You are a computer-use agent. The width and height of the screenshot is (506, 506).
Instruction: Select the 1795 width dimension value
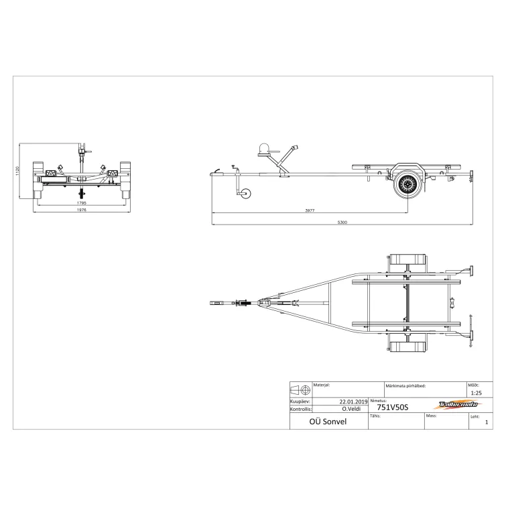(x=82, y=202)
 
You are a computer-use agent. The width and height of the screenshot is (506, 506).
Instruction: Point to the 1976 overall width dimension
(x=82, y=210)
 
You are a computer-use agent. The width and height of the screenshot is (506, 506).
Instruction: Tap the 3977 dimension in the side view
(x=309, y=211)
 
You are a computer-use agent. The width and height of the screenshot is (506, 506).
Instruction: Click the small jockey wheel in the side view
(x=245, y=195)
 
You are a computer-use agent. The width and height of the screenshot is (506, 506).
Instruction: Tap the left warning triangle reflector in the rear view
(x=50, y=174)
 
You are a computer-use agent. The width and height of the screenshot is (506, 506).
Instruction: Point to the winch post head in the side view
(x=264, y=151)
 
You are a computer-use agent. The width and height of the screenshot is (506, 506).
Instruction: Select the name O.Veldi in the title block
(x=352, y=408)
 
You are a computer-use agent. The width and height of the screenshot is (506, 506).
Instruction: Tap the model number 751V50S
(x=392, y=406)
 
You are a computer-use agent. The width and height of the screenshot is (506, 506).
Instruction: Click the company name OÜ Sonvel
(x=328, y=422)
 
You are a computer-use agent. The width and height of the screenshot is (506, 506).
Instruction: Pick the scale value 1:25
(x=477, y=393)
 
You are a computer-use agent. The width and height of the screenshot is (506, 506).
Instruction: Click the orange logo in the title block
(x=458, y=405)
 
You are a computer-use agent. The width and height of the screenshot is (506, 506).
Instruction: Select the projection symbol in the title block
(x=300, y=389)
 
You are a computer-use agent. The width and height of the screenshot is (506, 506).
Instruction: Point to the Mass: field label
(x=431, y=416)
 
